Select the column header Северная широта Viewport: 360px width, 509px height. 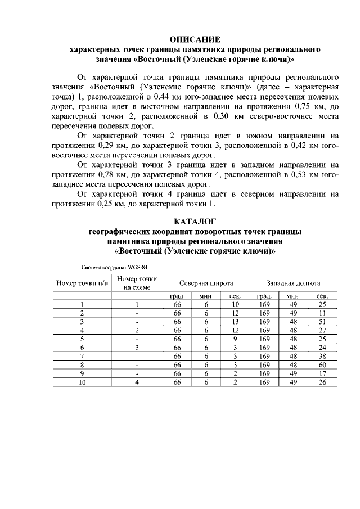[x=206, y=283]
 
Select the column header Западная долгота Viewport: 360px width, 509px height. [x=293, y=283]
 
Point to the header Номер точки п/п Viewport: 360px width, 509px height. [x=82, y=283]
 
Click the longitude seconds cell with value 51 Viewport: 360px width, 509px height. [x=322, y=321]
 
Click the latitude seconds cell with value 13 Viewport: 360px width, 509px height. [x=235, y=321]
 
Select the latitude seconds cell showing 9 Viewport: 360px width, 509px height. [x=235, y=339]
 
